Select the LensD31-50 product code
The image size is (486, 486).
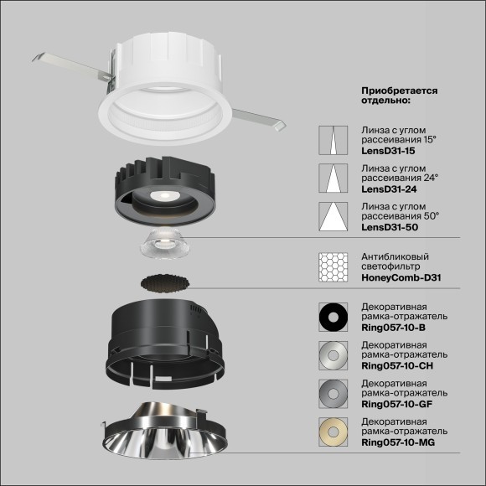[x=388, y=228]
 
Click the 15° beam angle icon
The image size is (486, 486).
[x=333, y=141]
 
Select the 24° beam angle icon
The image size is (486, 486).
[x=333, y=179]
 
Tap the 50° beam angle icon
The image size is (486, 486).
[x=333, y=218]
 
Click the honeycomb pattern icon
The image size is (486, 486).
[x=333, y=266]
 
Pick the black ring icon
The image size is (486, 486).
[x=333, y=317]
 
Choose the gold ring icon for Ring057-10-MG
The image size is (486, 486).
[x=333, y=432]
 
